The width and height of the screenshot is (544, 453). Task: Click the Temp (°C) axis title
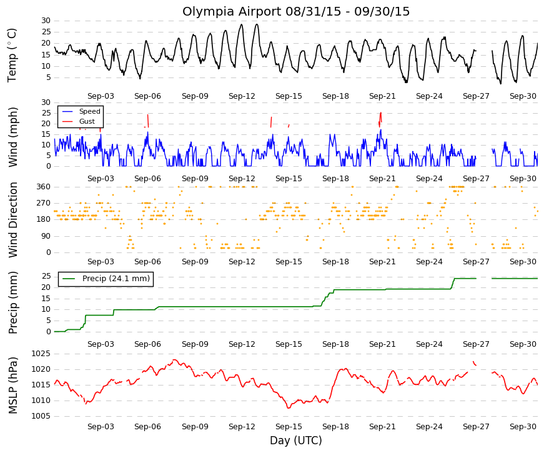(12, 55)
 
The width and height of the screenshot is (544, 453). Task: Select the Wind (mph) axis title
(12, 137)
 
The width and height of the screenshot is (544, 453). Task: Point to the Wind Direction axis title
(12, 220)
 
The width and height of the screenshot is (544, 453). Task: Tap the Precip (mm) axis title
(12, 302)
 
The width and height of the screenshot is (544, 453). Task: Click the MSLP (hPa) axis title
(12, 386)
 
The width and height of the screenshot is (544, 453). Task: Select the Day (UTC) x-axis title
(295, 441)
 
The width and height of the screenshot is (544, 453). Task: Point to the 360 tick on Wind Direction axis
(44, 187)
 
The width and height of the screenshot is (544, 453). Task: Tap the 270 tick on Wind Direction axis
(44, 203)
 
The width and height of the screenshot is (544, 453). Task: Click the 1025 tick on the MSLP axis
(41, 354)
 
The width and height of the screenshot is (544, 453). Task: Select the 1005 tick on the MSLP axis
(41, 416)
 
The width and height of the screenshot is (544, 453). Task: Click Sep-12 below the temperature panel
(242, 96)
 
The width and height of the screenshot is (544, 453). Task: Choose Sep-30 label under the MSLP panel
(523, 427)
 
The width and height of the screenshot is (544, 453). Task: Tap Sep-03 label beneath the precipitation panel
(101, 344)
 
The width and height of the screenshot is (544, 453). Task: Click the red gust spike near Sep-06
(148, 121)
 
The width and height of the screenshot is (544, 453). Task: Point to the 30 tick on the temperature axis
(46, 21)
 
